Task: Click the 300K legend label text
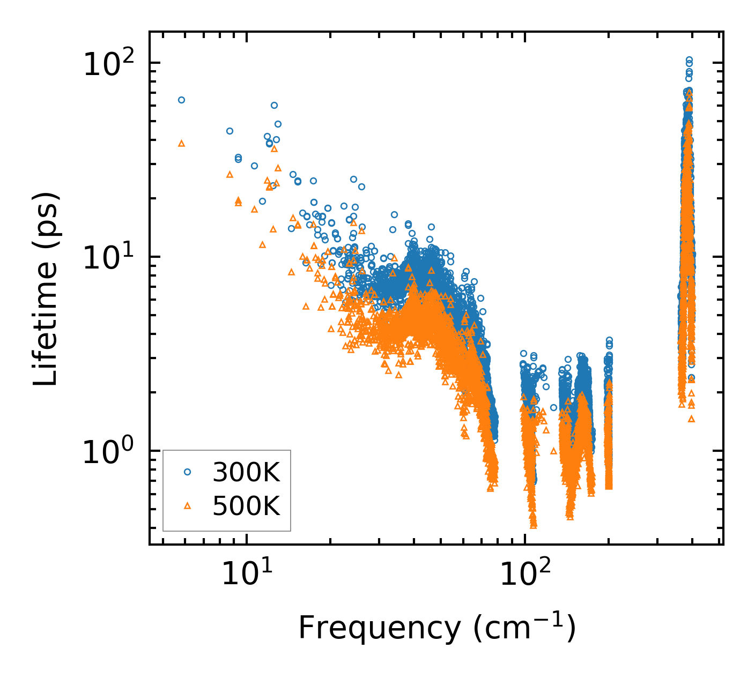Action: (246, 472)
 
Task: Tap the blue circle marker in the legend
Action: (187, 472)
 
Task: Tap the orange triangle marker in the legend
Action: (187, 505)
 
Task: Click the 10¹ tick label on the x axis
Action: (246, 574)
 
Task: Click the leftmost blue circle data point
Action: (181, 100)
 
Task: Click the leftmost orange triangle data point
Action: (181, 144)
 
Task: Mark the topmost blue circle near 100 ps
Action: (689, 60)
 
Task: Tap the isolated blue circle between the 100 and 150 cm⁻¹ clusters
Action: (553, 407)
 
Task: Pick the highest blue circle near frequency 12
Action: (274, 106)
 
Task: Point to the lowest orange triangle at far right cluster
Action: (691, 419)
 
